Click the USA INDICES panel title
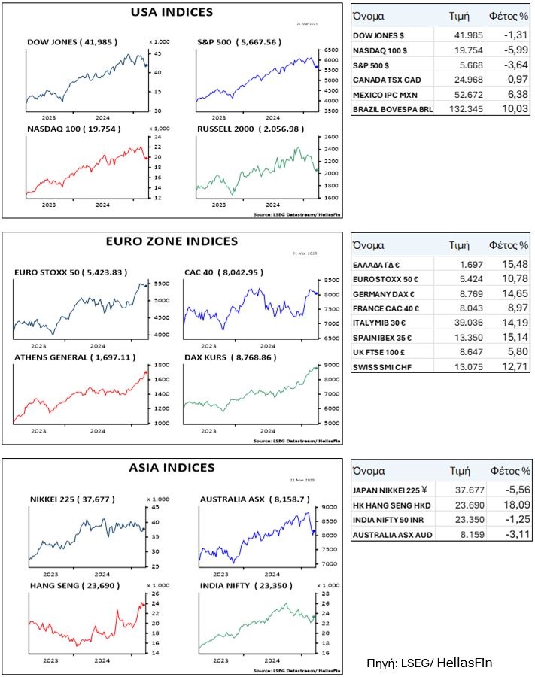coord(172,12)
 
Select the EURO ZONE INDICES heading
coord(172,241)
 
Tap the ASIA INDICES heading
coord(172,468)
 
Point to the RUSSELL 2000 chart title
coord(239,129)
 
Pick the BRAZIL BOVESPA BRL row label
coord(392,110)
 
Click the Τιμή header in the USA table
coord(460,16)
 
